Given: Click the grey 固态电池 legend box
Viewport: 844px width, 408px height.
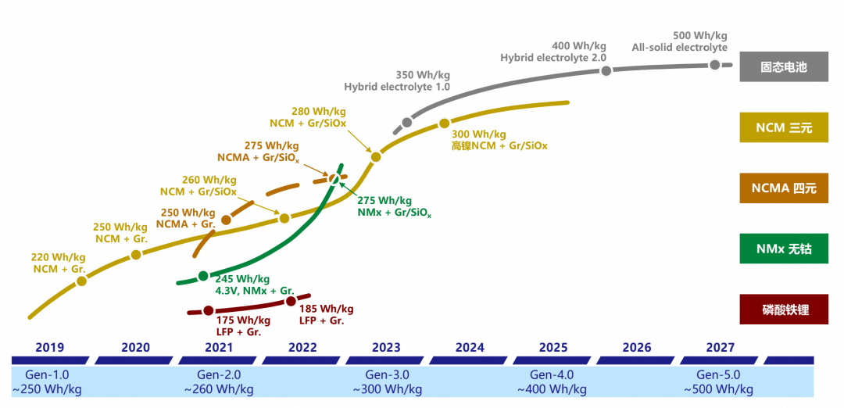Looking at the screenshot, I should tap(784, 67).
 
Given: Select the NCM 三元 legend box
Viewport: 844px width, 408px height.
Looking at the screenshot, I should tap(784, 127).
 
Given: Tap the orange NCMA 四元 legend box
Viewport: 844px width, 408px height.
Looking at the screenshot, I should tap(784, 188).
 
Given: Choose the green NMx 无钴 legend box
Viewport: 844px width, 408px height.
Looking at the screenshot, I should tap(784, 249).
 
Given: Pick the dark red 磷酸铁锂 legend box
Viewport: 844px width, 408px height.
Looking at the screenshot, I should tap(784, 310).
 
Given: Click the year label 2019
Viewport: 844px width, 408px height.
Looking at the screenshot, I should tap(50, 348).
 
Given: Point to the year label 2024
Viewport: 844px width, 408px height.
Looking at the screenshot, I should tap(470, 348).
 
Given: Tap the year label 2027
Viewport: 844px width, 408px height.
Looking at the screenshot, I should tap(720, 348).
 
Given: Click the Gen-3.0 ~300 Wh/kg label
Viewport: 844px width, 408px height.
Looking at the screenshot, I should tap(387, 382).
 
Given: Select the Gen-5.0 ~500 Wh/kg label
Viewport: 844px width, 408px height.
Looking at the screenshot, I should tap(719, 382).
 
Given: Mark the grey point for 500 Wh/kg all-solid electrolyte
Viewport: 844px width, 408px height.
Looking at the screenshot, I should tap(714, 65).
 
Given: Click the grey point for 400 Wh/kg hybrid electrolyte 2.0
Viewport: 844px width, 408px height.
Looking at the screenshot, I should tap(606, 71).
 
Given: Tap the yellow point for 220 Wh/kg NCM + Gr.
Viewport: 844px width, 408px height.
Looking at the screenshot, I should tap(81, 281).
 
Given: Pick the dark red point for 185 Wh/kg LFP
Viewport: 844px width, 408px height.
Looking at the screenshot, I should tap(291, 301).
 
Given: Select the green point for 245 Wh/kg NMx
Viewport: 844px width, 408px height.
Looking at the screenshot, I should tap(203, 275).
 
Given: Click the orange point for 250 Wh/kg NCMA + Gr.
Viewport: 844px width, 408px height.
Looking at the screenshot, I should tap(226, 220).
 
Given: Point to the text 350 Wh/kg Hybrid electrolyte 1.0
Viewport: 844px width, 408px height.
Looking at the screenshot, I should tap(397, 81).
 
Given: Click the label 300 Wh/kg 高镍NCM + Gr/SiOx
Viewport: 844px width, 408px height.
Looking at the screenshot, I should tap(499, 140).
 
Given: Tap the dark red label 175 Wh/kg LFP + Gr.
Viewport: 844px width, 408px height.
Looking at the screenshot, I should tap(242, 326).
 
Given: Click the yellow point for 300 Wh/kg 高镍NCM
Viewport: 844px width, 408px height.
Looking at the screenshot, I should tap(444, 123).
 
